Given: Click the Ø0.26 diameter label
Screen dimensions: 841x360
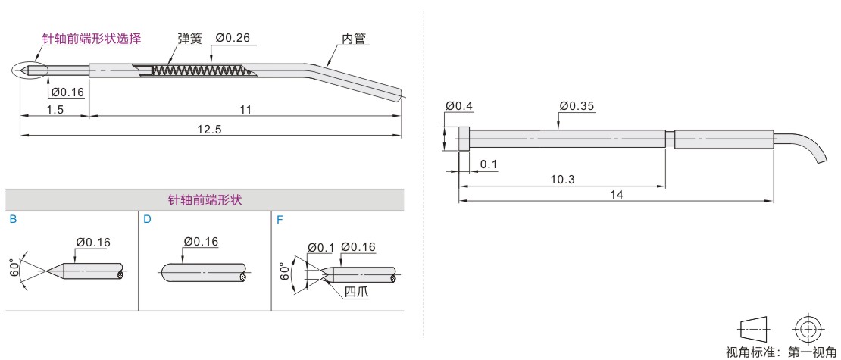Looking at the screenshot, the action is [233, 38].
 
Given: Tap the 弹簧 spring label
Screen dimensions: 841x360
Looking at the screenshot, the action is [189, 39].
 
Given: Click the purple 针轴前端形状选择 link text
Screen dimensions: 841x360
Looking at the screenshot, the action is [92, 38].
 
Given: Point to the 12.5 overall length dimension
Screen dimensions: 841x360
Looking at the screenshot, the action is [210, 130].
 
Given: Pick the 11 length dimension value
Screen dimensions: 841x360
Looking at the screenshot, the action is [245, 109].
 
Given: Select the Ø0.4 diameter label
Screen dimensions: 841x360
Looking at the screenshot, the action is [459, 106].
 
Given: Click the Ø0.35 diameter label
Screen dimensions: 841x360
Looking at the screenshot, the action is [577, 106].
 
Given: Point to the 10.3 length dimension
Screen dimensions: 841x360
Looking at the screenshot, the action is [562, 179].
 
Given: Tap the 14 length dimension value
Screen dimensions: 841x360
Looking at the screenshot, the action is [617, 194].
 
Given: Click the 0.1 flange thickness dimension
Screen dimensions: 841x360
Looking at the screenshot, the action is [489, 164].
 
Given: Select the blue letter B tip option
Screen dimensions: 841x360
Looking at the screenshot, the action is [14, 220].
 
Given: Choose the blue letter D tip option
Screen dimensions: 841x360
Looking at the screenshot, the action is [148, 220].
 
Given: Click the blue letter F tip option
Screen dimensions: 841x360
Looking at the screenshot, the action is [280, 220].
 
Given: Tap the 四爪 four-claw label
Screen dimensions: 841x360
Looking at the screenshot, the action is [357, 293].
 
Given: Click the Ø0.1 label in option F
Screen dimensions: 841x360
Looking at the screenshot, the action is [320, 247].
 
